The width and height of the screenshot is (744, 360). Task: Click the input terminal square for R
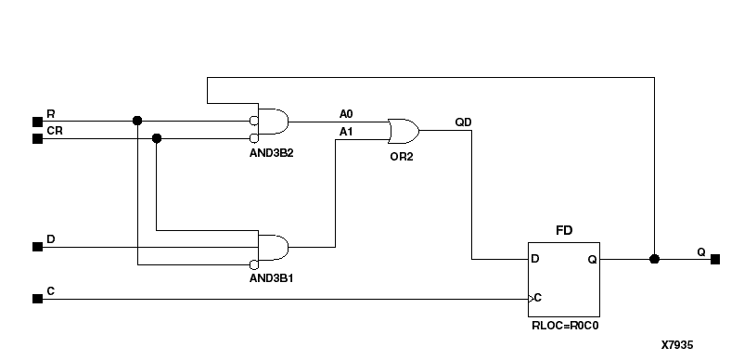[x=37, y=121]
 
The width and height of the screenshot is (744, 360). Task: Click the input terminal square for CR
[x=37, y=138]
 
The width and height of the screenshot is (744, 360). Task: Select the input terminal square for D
[x=37, y=247]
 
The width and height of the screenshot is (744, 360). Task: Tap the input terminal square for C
[x=37, y=299]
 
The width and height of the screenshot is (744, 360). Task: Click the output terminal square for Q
[x=715, y=259]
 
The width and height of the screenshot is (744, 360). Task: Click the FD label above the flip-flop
[x=563, y=228]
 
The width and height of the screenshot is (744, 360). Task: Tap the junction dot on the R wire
[x=137, y=121]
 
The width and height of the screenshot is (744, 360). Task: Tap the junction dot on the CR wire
[x=156, y=138]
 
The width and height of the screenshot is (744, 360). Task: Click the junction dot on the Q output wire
[x=654, y=259]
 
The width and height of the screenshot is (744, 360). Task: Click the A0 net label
[x=346, y=113]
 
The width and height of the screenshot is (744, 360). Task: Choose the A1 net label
[x=346, y=132]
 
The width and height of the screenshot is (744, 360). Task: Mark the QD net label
[x=462, y=122]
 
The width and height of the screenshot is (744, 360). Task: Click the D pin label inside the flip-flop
[x=534, y=260]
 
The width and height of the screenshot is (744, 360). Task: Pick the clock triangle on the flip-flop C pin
[x=531, y=299]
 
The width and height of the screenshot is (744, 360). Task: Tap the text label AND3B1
[x=272, y=276]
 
